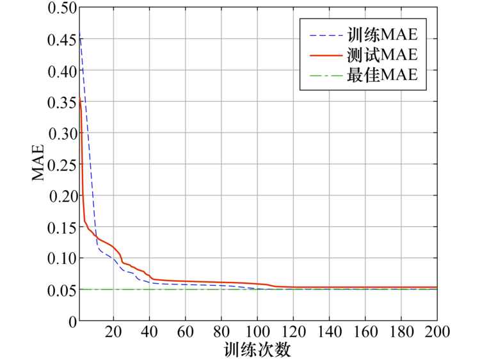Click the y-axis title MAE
40,163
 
